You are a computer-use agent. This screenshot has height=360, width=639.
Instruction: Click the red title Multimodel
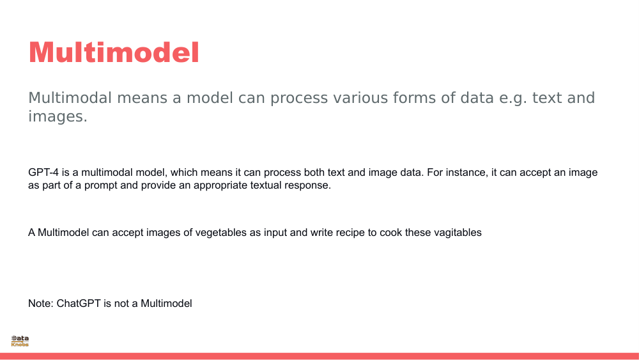point(114,52)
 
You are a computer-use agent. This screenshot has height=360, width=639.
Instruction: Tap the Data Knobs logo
point(20,341)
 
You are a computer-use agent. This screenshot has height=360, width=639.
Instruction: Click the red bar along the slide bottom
point(319,356)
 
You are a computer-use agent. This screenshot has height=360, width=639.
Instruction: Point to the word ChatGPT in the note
point(79,303)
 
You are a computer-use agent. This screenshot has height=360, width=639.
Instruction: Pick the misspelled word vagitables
point(458,232)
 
